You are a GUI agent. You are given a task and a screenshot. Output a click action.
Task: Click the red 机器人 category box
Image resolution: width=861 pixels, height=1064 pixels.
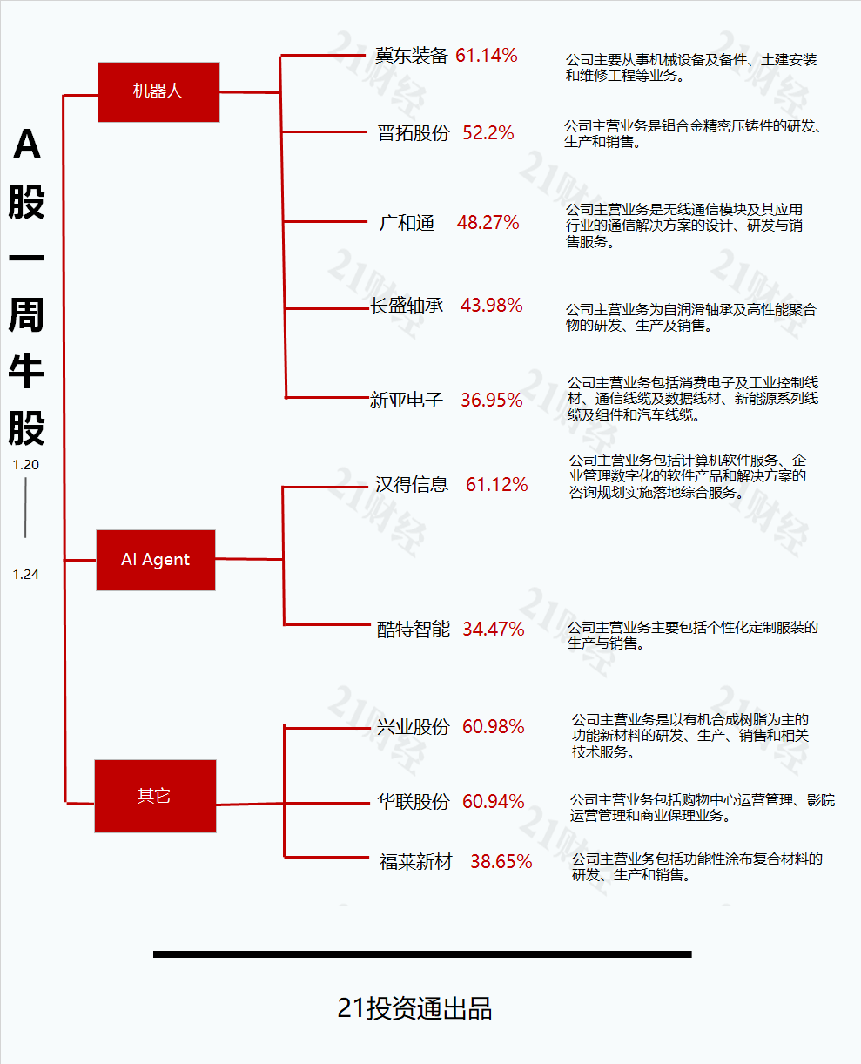coord(158,92)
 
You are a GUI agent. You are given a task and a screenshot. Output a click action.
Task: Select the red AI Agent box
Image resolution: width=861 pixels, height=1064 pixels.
coord(156,560)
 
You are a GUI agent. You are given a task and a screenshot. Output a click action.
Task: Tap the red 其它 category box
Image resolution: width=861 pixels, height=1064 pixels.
coord(155,796)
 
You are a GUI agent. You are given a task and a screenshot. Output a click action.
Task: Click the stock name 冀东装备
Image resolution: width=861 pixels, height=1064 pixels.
coord(412,56)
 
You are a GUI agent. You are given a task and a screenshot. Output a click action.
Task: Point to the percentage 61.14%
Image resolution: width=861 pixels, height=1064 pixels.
coord(487,56)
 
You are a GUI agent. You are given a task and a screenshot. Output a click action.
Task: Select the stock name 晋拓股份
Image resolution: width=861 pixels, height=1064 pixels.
coord(414,133)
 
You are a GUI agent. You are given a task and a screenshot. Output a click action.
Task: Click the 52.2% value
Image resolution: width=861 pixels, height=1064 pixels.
coord(488,133)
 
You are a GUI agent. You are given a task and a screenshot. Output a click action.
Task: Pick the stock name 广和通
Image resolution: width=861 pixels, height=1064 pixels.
coord(407,223)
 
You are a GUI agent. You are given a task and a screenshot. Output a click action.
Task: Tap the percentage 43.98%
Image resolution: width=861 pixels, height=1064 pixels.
coord(491,306)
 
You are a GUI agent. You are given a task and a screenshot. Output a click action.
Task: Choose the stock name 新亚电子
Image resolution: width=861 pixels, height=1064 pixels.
coord(406,401)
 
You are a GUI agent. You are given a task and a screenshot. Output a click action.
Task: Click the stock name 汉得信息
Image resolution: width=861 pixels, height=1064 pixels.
coord(412,484)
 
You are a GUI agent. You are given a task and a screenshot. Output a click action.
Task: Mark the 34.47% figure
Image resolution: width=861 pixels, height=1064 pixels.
coord(494,629)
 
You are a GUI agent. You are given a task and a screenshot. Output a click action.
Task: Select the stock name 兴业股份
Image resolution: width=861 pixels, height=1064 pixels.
coord(414,727)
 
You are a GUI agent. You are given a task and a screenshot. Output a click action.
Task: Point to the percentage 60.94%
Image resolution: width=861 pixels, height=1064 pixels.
coord(494,801)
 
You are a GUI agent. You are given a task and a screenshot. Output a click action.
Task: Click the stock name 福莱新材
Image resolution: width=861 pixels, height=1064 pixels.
coord(415,862)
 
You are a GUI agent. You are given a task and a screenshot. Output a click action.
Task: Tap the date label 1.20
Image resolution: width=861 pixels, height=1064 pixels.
coord(25,465)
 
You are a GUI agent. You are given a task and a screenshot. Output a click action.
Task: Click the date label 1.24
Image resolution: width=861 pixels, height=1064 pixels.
coord(25,575)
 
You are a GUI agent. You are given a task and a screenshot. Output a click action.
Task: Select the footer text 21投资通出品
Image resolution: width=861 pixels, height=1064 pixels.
coord(414,1008)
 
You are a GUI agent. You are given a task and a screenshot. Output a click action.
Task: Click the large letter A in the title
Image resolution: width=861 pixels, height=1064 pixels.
coord(26,144)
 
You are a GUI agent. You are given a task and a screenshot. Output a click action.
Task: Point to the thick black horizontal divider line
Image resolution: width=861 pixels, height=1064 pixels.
coord(422,954)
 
